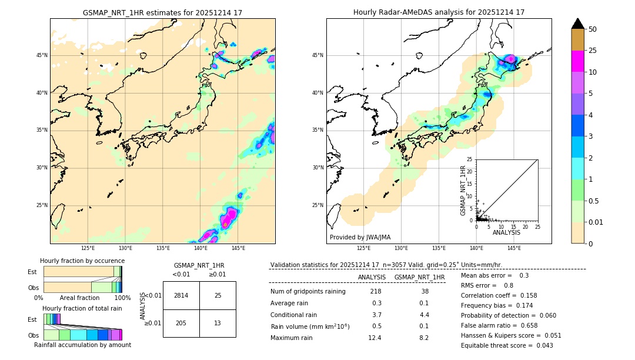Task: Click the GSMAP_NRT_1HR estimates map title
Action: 163,12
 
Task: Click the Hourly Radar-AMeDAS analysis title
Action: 439,12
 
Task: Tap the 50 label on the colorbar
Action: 593,29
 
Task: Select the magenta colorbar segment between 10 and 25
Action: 577,61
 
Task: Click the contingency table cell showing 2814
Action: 181,295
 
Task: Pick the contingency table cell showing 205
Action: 181,323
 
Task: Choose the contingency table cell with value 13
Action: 218,323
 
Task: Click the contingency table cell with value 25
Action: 218,295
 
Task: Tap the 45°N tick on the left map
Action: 42,55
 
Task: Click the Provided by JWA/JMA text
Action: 360,238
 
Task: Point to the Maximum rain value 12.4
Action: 376,338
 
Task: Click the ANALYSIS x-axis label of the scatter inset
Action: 506,232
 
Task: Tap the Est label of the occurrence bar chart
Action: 32,272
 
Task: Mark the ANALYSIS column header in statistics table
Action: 372,277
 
